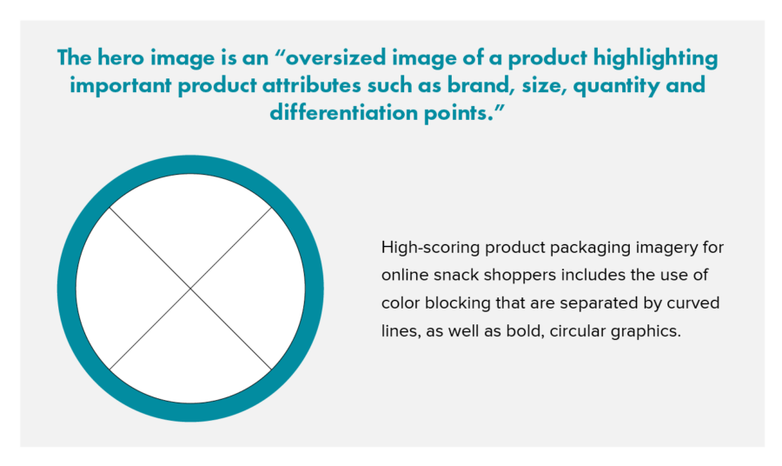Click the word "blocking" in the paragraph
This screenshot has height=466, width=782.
coord(454,303)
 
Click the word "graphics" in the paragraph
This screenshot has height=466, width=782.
coord(649,331)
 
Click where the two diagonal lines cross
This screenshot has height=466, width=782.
coord(190,289)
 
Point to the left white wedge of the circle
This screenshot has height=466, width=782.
coord(122,289)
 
